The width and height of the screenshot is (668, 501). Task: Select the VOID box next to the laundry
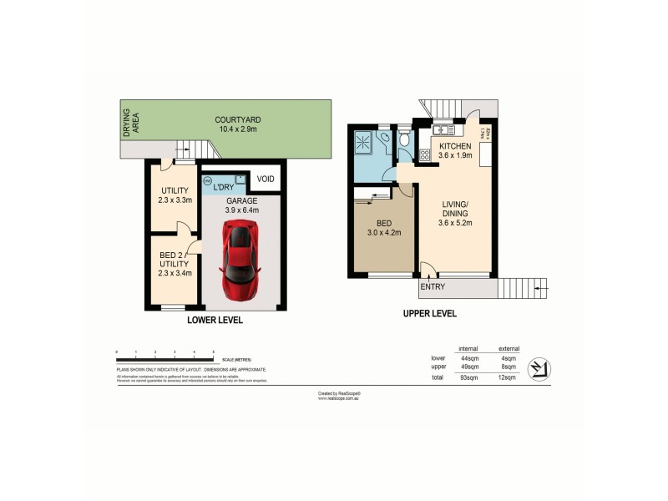pyautogui.click(x=266, y=180)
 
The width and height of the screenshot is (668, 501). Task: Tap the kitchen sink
pyautogui.click(x=442, y=130)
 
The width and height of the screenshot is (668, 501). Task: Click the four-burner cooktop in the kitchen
pyautogui.click(x=436, y=154)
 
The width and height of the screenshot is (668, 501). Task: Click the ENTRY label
pyautogui.click(x=433, y=287)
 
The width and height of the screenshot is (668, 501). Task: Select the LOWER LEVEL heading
pyautogui.click(x=215, y=320)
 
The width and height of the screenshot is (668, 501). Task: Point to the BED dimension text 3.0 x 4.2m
pyautogui.click(x=385, y=232)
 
